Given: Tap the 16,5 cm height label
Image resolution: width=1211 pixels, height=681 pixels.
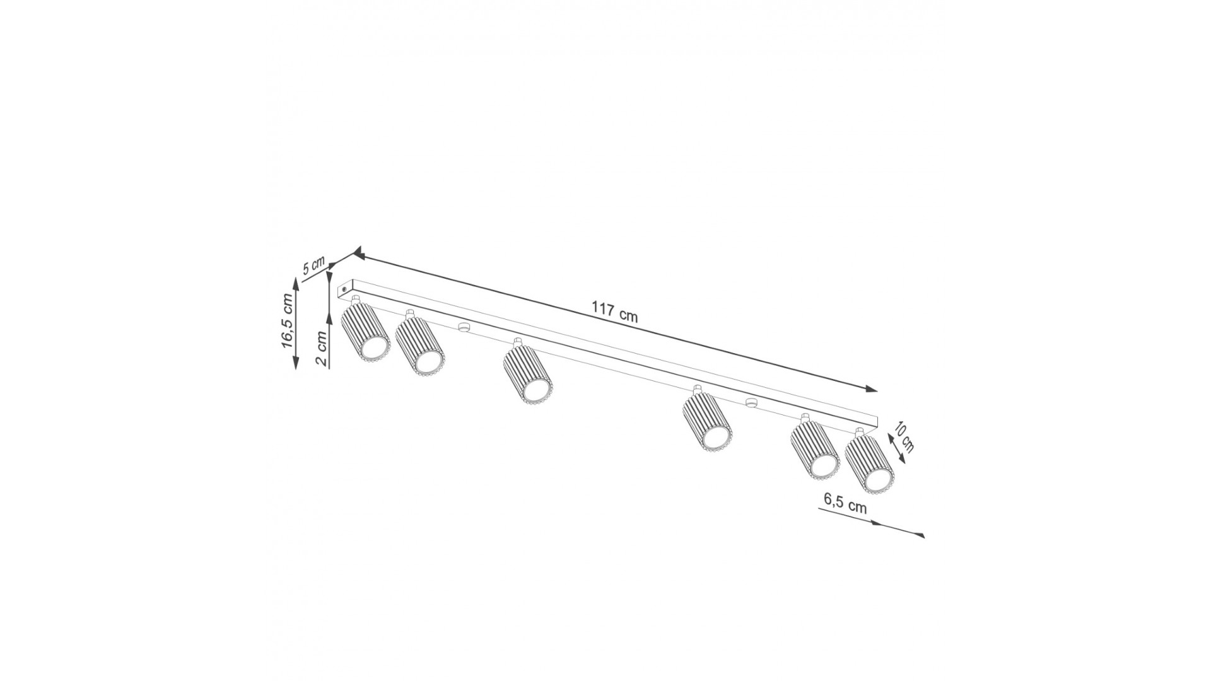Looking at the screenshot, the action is click(x=288, y=321).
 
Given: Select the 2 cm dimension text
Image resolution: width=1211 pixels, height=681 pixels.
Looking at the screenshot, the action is click(x=322, y=349).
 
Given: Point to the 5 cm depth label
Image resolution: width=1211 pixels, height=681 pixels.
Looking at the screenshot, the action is click(x=313, y=265).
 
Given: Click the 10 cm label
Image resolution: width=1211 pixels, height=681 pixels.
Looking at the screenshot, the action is click(x=904, y=435).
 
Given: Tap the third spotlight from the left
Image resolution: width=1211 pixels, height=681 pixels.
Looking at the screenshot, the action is click(x=528, y=373).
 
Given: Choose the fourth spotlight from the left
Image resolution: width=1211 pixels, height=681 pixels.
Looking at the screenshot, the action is click(x=707, y=420).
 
